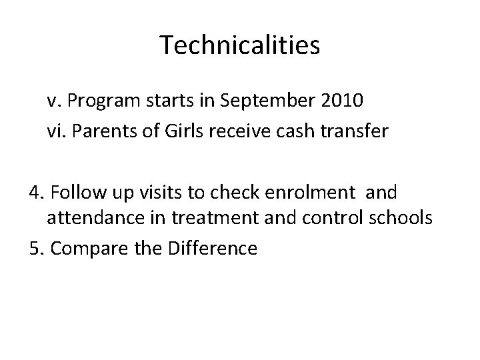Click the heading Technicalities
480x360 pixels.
tap(240, 45)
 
